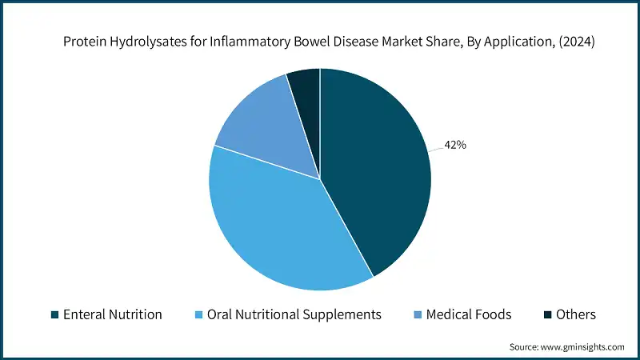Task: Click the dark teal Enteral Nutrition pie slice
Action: (376, 168)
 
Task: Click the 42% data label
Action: (456, 145)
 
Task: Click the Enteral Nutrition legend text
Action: (112, 314)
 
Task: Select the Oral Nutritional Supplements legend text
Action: (294, 314)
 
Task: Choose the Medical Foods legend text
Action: (469, 314)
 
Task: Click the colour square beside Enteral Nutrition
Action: (54, 315)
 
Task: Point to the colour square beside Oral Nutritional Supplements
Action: (199, 315)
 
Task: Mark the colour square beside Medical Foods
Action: (418, 315)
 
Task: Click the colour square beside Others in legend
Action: (549, 315)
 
